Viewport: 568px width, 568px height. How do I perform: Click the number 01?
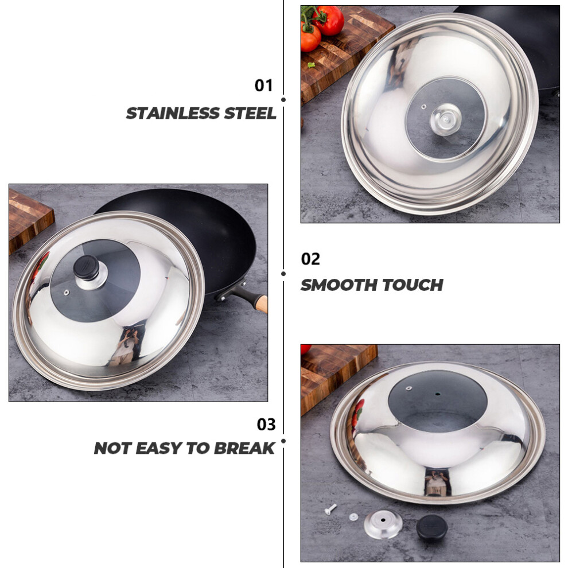pos(263,85)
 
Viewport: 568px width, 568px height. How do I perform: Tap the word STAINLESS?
pos(173,114)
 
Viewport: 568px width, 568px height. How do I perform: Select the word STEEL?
pos(250,114)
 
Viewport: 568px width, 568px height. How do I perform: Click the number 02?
pos(310,259)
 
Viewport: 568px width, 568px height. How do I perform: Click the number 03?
pos(266,424)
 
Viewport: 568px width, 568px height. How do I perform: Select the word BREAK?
pos(244,449)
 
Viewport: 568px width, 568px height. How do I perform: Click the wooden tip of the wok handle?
pos(262,304)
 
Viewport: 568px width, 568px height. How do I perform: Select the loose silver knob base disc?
pos(383,524)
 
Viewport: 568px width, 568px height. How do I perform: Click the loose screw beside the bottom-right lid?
pos(330,508)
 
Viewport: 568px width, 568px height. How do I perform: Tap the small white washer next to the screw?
pos(353,517)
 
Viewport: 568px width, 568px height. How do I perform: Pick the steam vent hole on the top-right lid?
pos(423,107)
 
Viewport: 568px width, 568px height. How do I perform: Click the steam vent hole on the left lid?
pos(67,293)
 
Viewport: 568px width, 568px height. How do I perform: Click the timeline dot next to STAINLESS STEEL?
pos(283,100)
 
